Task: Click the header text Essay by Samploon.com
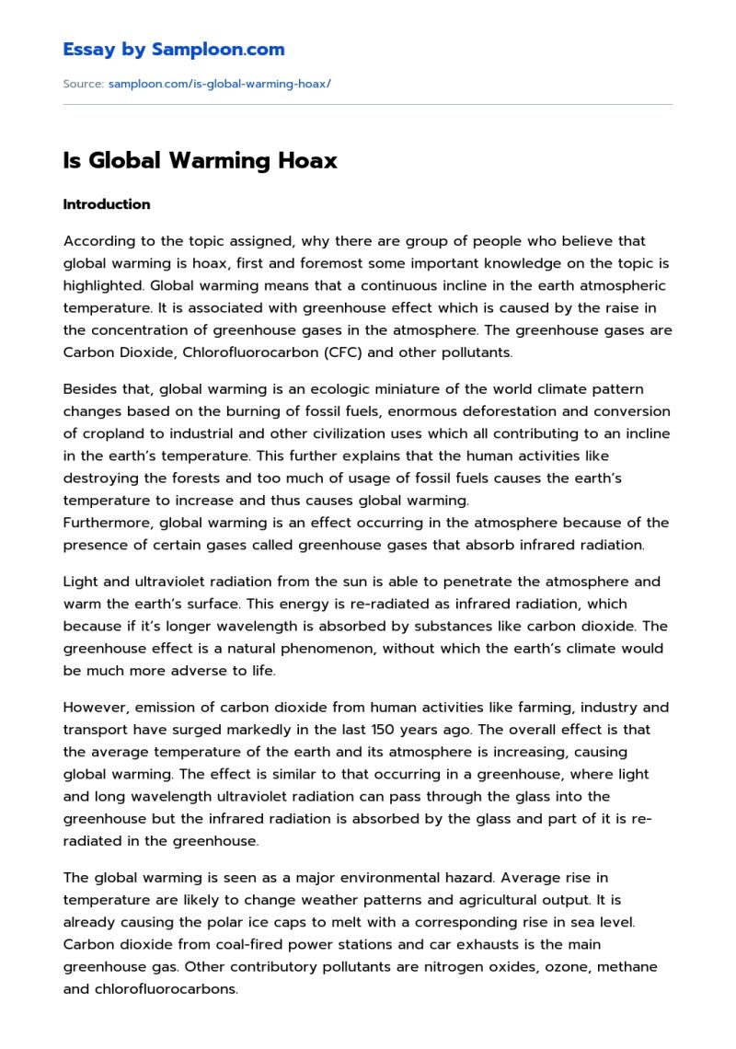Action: point(174,50)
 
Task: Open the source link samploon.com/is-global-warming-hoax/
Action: point(219,84)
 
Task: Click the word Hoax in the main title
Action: point(306,161)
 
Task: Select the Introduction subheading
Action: point(107,204)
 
